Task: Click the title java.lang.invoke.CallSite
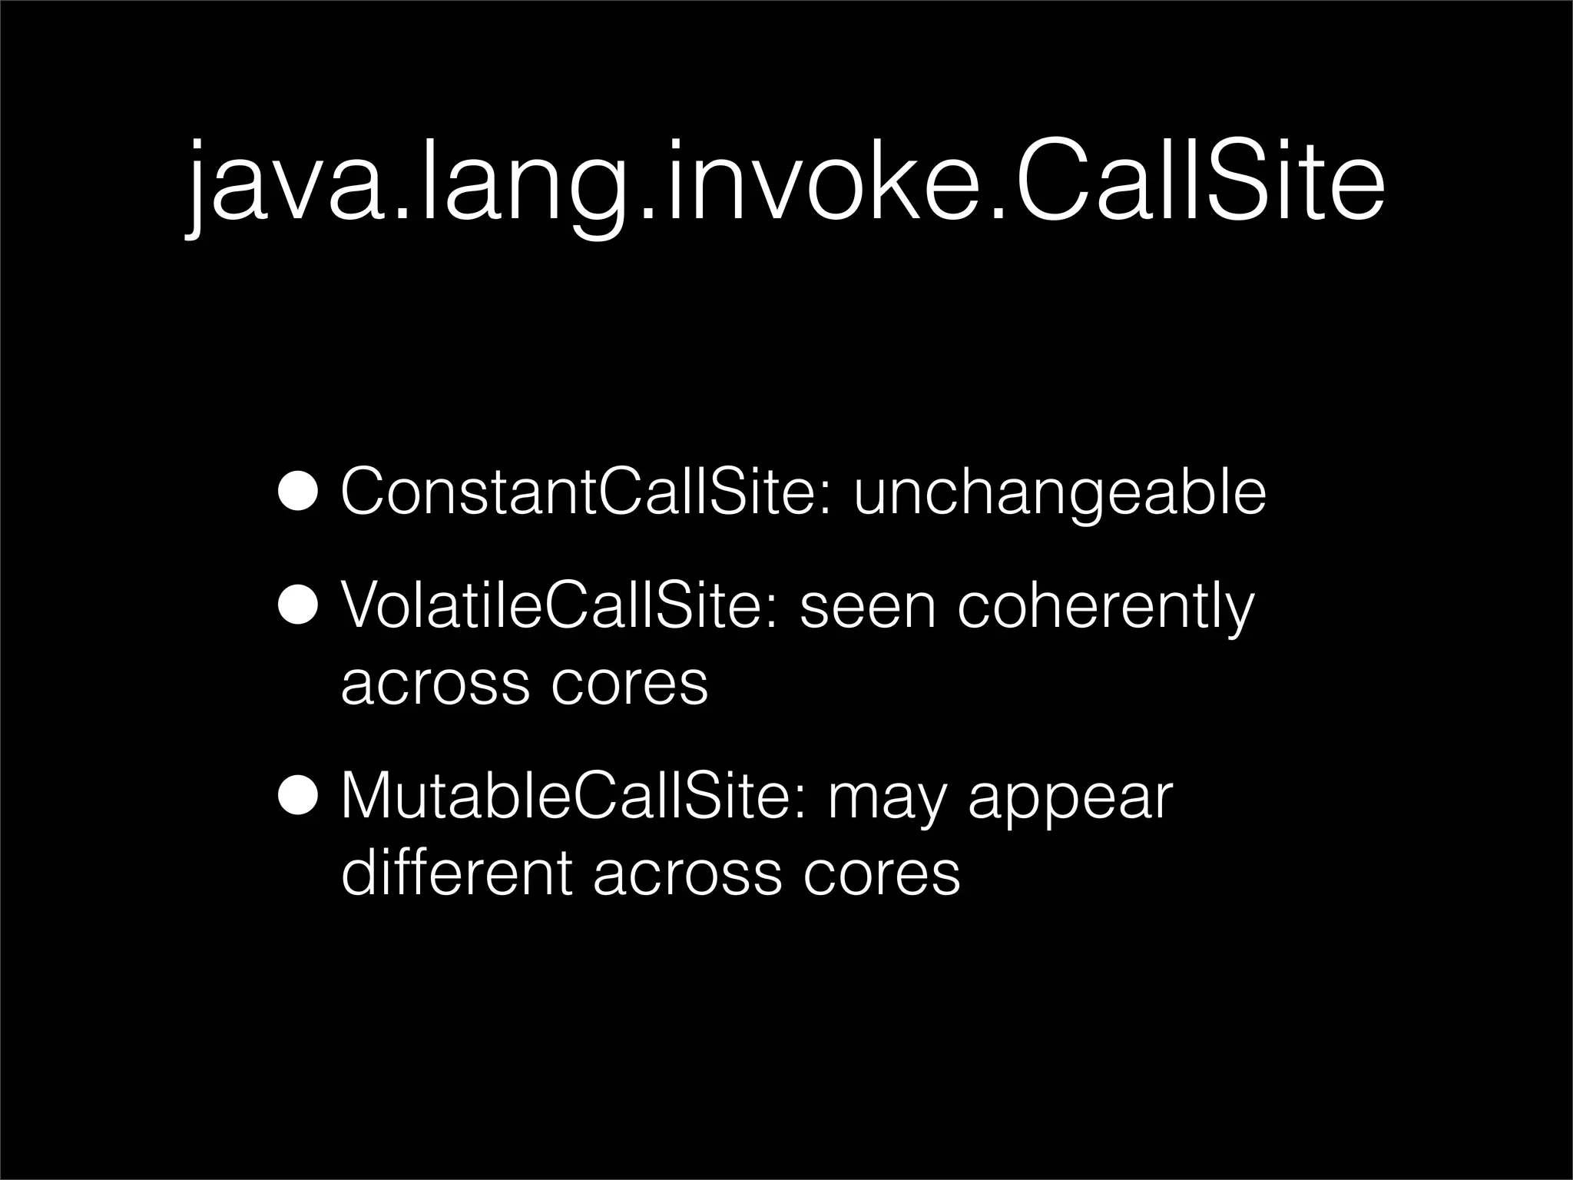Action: click(785, 184)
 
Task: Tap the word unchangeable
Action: click(1060, 493)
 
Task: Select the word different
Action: click(456, 874)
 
